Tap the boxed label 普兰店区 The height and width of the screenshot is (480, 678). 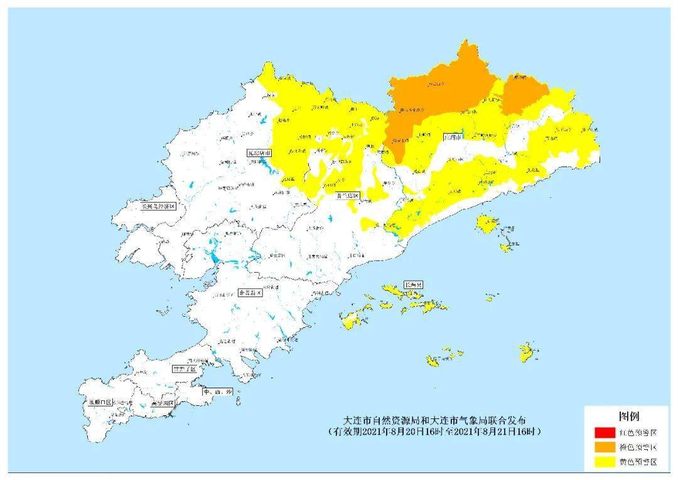point(348,196)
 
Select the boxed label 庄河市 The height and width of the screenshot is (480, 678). point(453,136)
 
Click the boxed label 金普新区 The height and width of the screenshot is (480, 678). point(249,293)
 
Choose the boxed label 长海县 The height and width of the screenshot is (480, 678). point(413,285)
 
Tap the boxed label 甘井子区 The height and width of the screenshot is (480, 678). point(184,369)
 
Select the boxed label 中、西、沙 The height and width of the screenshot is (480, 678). point(217,392)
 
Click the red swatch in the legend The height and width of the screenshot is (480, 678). point(603,432)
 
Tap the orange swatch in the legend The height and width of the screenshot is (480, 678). point(603,447)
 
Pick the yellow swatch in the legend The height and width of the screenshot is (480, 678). point(603,462)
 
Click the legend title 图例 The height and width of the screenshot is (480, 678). point(629,417)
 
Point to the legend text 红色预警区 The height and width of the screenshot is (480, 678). point(638,433)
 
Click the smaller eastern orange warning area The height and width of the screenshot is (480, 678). point(524,94)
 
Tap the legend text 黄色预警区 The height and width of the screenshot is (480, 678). point(638,462)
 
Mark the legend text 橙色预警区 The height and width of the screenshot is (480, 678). point(638,447)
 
